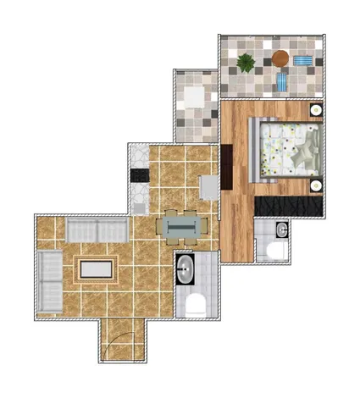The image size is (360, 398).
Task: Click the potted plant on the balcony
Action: [246, 62]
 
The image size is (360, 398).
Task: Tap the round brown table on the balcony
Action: [280, 58]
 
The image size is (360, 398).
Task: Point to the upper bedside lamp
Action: [315, 109]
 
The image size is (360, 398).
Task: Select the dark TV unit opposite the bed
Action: [226, 167]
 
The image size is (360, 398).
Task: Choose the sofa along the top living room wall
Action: [97, 230]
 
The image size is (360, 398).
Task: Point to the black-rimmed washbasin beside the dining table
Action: [186, 270]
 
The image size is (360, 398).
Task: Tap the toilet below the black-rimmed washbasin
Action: [195, 304]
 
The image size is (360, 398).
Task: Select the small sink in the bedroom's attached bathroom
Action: [280, 228]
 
